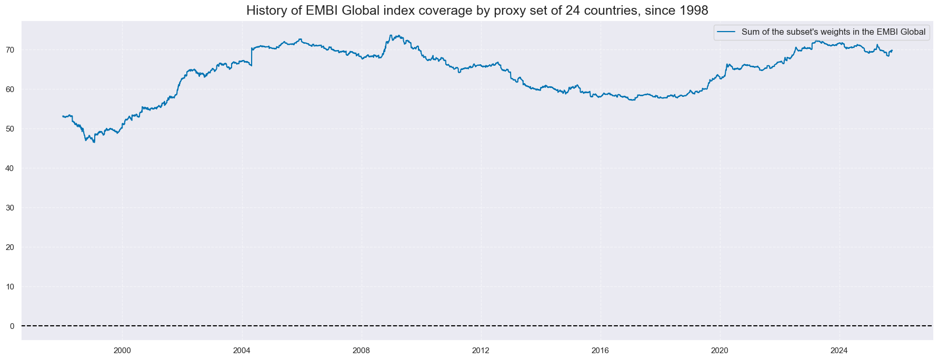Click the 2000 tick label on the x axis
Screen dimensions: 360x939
click(122, 351)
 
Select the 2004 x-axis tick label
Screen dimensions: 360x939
click(242, 351)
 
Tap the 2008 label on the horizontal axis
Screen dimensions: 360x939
click(361, 351)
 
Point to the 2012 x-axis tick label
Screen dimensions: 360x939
click(481, 351)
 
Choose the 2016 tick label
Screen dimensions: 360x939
click(600, 351)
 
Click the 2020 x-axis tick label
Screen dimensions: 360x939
click(720, 351)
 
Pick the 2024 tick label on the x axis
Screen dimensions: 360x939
click(839, 351)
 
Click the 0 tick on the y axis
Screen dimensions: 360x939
click(12, 326)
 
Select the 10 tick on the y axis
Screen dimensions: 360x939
click(9, 287)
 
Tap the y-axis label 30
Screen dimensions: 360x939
click(9, 208)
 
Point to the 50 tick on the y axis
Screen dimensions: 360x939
click(9, 129)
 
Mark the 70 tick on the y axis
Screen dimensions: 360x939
click(9, 50)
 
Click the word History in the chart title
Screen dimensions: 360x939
click(266, 11)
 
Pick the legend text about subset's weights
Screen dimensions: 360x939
click(833, 32)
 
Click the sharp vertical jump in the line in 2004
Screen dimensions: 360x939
click(252, 57)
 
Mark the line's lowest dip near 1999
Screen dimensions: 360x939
click(94, 142)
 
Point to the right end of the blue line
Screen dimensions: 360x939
click(892, 51)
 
